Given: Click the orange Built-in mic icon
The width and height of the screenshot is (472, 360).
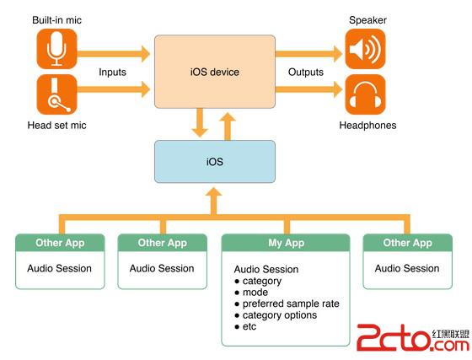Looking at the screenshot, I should [57, 50].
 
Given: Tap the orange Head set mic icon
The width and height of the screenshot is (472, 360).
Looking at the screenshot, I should [57, 94].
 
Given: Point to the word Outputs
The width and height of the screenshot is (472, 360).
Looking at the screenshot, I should [306, 73].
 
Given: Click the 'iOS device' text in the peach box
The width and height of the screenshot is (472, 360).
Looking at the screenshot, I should [214, 73].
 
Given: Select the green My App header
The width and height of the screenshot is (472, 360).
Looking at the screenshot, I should [286, 243].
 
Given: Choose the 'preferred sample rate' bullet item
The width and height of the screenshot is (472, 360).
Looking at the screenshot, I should [290, 304].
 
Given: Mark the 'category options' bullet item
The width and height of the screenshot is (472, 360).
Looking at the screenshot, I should [280, 315].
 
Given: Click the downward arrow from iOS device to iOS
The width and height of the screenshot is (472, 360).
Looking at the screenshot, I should [200, 125].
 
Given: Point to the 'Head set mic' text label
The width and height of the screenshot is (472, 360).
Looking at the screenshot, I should [56, 126].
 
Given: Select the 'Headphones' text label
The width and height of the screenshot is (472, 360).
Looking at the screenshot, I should [367, 126].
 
